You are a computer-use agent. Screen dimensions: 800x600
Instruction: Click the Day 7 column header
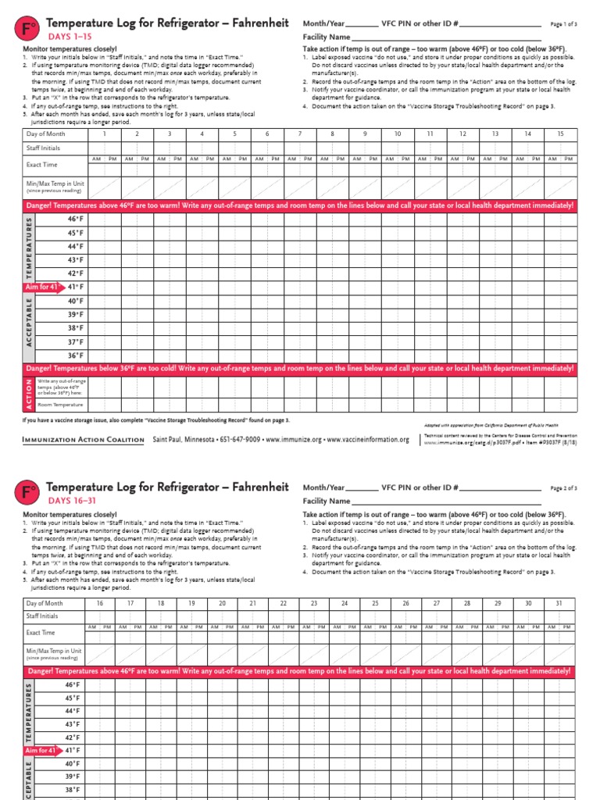click(299, 134)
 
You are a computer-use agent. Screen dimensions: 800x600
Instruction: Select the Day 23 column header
click(314, 603)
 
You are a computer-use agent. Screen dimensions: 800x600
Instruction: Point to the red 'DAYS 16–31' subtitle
click(73, 500)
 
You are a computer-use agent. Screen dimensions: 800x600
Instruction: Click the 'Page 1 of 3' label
click(563, 24)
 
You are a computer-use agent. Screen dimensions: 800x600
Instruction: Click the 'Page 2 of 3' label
click(563, 487)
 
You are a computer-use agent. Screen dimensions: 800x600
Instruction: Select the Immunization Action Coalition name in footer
click(84, 440)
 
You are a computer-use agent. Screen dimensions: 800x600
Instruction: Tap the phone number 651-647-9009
click(238, 440)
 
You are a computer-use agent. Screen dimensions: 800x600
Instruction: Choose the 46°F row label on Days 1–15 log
click(75, 220)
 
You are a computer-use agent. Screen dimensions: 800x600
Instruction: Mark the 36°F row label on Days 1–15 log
click(75, 355)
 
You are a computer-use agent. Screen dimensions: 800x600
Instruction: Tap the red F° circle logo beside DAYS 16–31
click(27, 493)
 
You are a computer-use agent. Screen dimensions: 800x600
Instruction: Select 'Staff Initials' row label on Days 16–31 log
click(43, 616)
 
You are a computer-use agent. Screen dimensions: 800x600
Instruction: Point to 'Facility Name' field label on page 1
click(326, 37)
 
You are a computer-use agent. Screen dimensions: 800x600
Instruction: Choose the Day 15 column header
click(560, 134)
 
